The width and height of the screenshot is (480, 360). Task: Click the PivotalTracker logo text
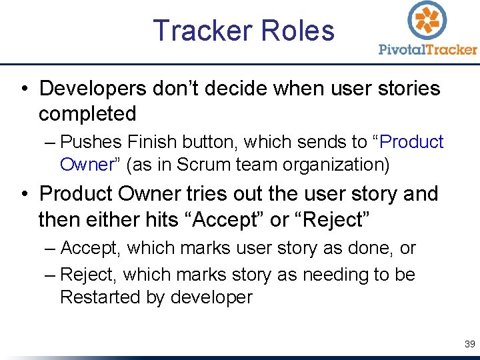click(428, 49)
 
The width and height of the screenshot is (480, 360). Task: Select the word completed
click(87, 114)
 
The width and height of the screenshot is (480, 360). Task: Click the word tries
click(206, 194)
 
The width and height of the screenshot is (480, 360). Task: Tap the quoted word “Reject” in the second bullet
click(335, 219)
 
